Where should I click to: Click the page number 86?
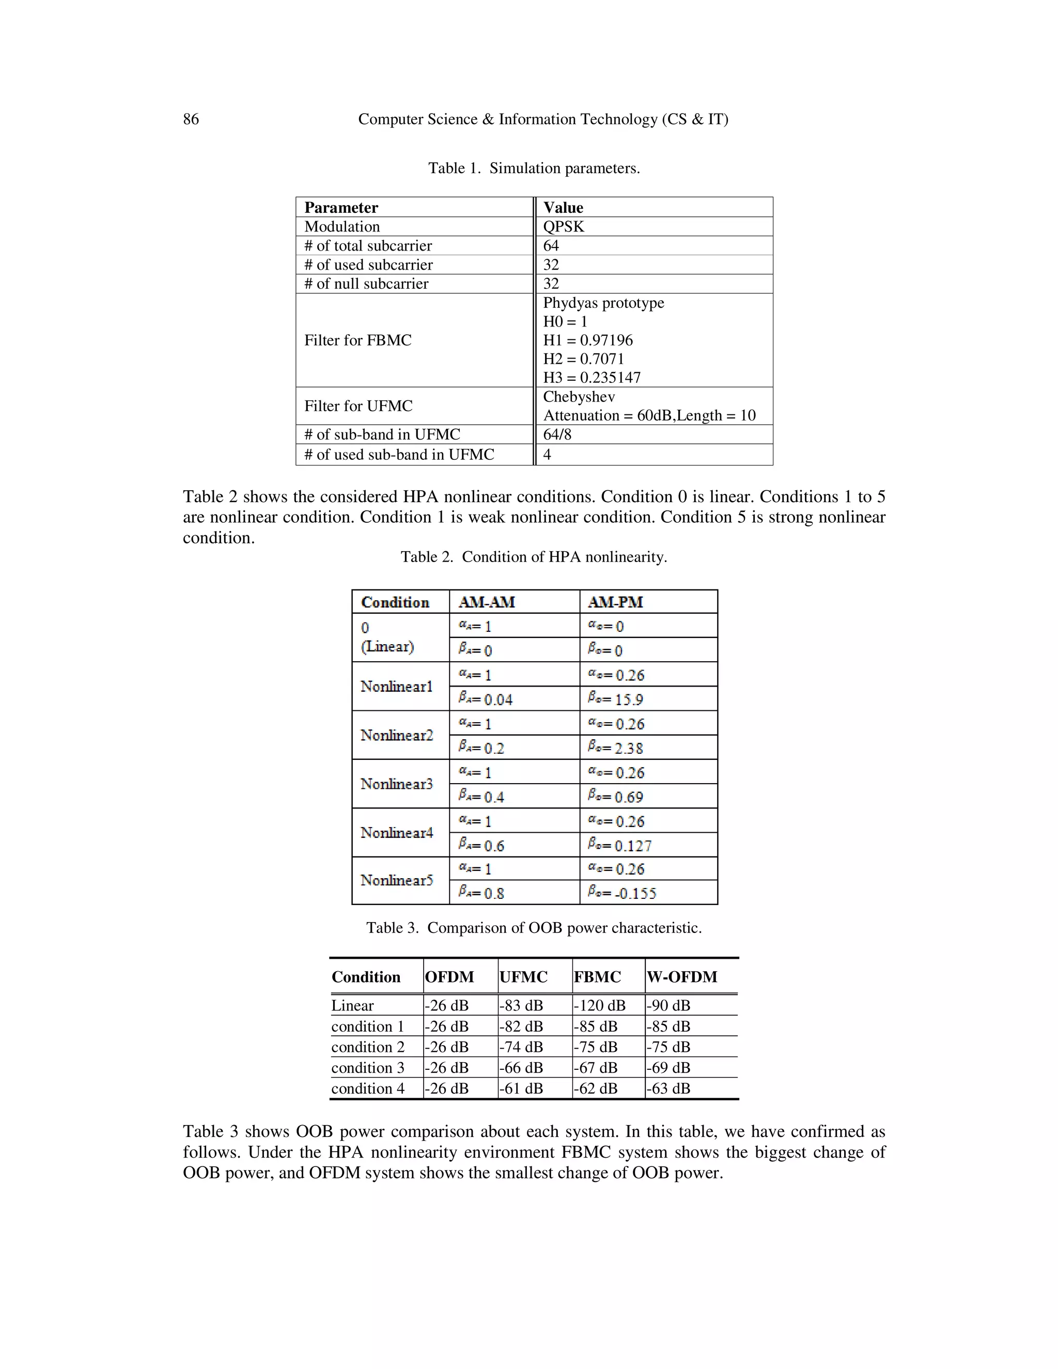[x=191, y=119]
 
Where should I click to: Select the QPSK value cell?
[x=563, y=226]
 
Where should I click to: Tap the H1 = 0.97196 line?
[x=587, y=340]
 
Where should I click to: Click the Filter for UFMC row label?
[x=358, y=406]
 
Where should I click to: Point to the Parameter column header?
[x=341, y=208]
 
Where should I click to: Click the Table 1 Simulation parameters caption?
[x=534, y=168]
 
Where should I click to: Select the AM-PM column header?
[x=615, y=602]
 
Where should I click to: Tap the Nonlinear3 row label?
[x=396, y=784]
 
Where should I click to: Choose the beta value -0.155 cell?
[x=622, y=893]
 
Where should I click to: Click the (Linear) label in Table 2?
[x=387, y=646]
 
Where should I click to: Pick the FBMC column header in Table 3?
[x=597, y=976]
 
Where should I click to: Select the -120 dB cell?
[x=599, y=1005]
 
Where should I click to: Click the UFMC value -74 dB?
[x=521, y=1047]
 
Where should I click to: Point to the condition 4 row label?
[x=367, y=1088]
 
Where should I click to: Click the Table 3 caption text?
[x=534, y=928]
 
